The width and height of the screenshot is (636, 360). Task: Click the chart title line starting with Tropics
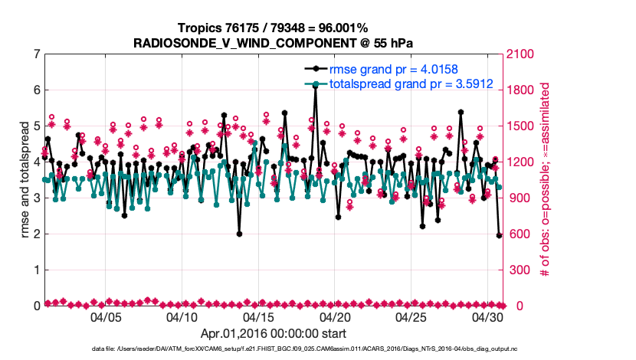click(x=272, y=28)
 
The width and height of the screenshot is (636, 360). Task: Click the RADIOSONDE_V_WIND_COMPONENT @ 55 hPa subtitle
click(x=272, y=42)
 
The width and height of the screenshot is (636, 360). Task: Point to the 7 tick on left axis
click(x=36, y=54)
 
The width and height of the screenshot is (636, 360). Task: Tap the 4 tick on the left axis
click(x=36, y=162)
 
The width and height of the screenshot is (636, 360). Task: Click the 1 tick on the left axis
click(x=36, y=270)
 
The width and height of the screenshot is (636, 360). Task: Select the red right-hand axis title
click(x=546, y=180)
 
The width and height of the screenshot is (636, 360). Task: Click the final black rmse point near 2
click(x=499, y=235)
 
